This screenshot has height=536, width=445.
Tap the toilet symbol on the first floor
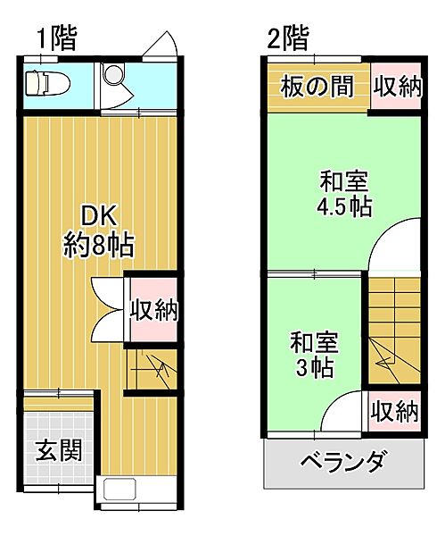(x=45, y=83)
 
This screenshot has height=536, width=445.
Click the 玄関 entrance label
(x=59, y=449)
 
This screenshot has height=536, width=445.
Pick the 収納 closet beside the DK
(x=154, y=310)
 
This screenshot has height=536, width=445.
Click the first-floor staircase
(x=152, y=368)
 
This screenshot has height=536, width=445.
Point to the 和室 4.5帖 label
(x=344, y=194)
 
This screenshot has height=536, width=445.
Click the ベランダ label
(x=342, y=464)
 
